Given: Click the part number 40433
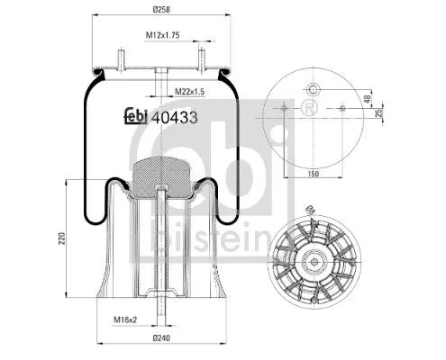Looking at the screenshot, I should point(176,115).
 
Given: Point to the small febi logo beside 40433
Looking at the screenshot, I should point(135,115).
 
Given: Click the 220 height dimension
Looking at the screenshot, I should point(60,238).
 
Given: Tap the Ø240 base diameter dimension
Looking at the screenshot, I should point(160,337).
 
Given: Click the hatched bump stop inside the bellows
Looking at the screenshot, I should point(159,175).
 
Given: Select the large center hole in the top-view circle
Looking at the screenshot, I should point(313,89).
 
